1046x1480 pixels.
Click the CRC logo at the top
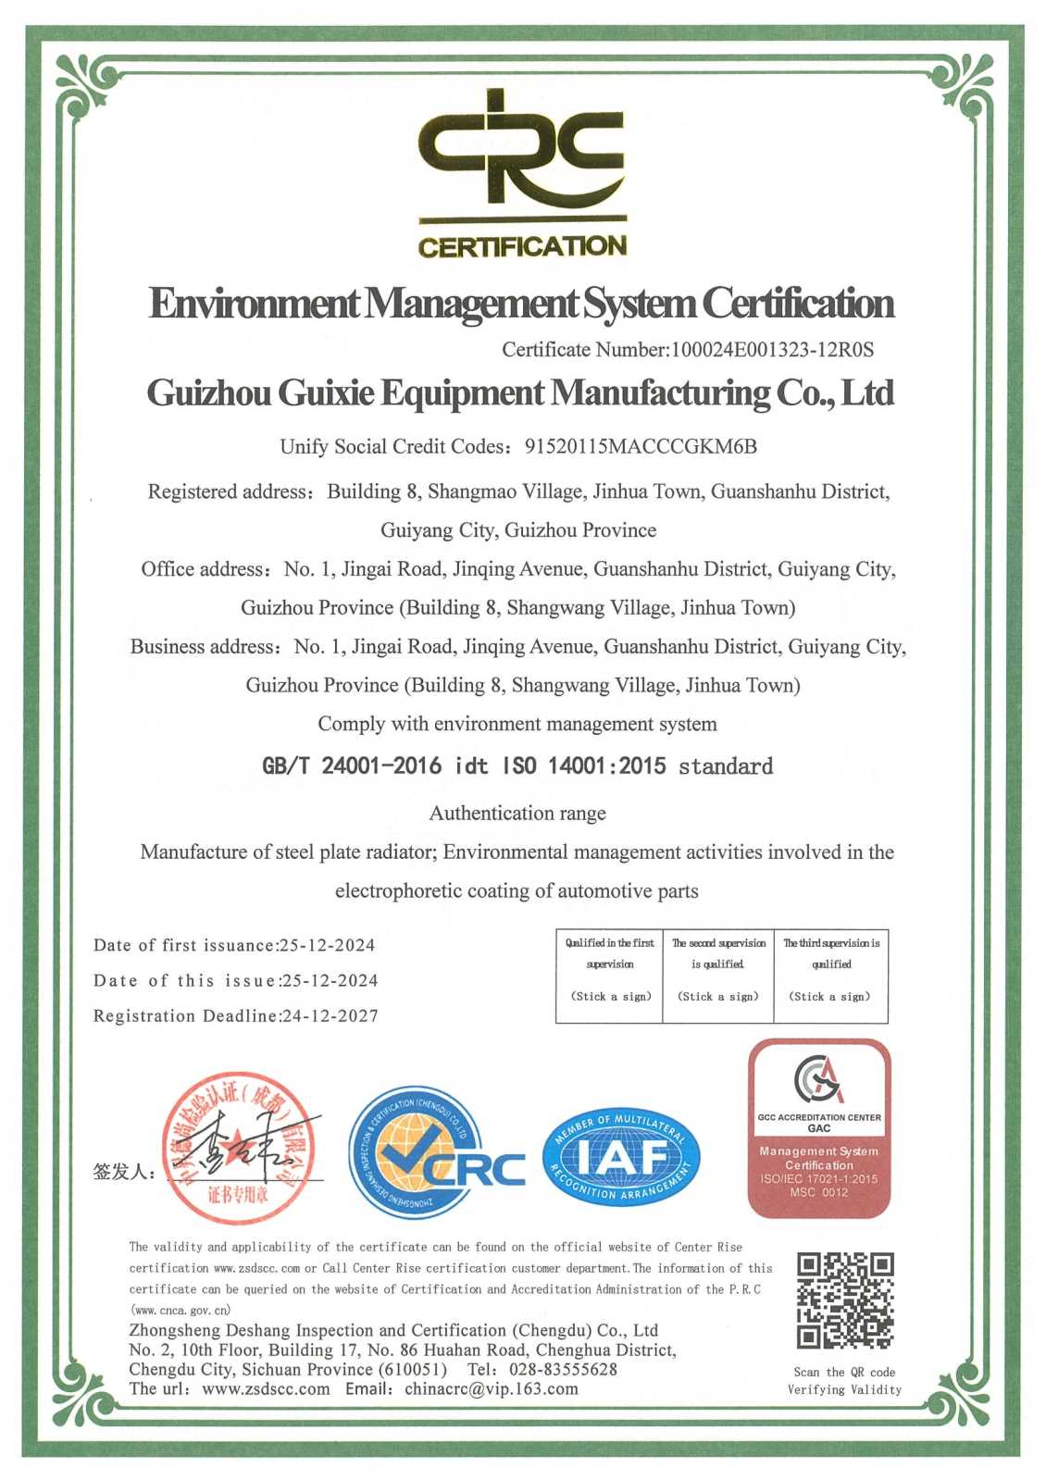(x=522, y=172)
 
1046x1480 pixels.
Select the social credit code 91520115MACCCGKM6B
(x=641, y=447)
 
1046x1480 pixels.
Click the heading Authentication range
(x=517, y=814)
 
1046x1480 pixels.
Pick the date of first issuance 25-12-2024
(x=328, y=946)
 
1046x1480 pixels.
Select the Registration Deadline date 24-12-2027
(x=330, y=1016)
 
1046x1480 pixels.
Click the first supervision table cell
(x=610, y=976)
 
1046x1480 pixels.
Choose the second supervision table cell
(x=718, y=976)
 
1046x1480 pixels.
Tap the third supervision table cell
(x=830, y=976)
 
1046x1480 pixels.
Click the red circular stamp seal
(x=238, y=1149)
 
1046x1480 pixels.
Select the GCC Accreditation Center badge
(x=819, y=1127)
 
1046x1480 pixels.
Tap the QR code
(x=845, y=1300)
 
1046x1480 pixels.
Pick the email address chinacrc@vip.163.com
(x=491, y=1389)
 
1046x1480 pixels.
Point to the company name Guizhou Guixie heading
(x=520, y=393)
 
